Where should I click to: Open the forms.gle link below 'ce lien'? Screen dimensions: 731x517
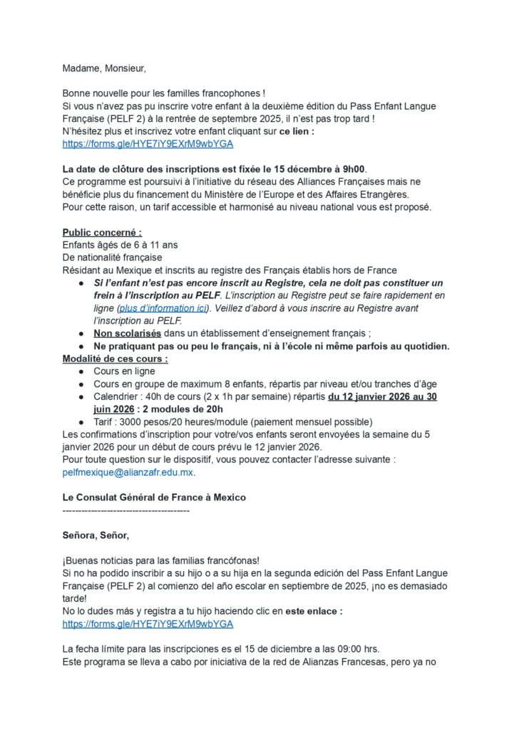coord(148,144)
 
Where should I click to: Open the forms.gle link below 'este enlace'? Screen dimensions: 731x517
coord(148,624)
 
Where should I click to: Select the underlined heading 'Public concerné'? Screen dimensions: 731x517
coord(102,233)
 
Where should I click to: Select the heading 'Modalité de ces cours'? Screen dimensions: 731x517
coord(115,358)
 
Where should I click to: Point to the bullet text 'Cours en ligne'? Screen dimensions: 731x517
coord(124,371)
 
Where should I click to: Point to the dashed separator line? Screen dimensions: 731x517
coord(126,510)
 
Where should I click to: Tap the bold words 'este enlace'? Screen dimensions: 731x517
coord(314,611)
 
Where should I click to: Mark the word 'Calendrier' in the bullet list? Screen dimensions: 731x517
coord(118,396)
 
